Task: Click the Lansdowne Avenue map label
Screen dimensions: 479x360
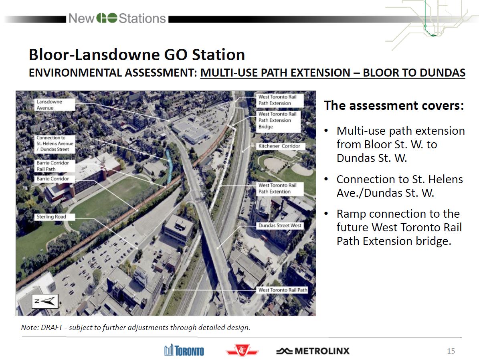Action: pyautogui.click(x=55, y=105)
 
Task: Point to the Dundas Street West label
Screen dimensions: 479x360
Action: pyautogui.click(x=280, y=226)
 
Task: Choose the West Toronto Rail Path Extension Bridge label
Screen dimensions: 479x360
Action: pyautogui.click(x=278, y=120)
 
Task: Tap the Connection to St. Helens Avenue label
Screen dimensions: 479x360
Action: pyautogui.click(x=55, y=144)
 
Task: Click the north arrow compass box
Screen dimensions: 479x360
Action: pyautogui.click(x=45, y=301)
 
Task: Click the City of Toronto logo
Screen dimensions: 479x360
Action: pyautogui.click(x=184, y=350)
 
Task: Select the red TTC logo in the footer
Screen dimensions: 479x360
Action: pyautogui.click(x=242, y=350)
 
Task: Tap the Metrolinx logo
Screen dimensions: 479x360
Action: pyautogui.click(x=313, y=351)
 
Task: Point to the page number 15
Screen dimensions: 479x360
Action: pyautogui.click(x=451, y=351)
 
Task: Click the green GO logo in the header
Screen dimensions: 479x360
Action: pyautogui.click(x=107, y=18)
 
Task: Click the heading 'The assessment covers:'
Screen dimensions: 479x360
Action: pyautogui.click(x=394, y=105)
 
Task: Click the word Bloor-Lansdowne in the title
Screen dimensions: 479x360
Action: pyautogui.click(x=94, y=55)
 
